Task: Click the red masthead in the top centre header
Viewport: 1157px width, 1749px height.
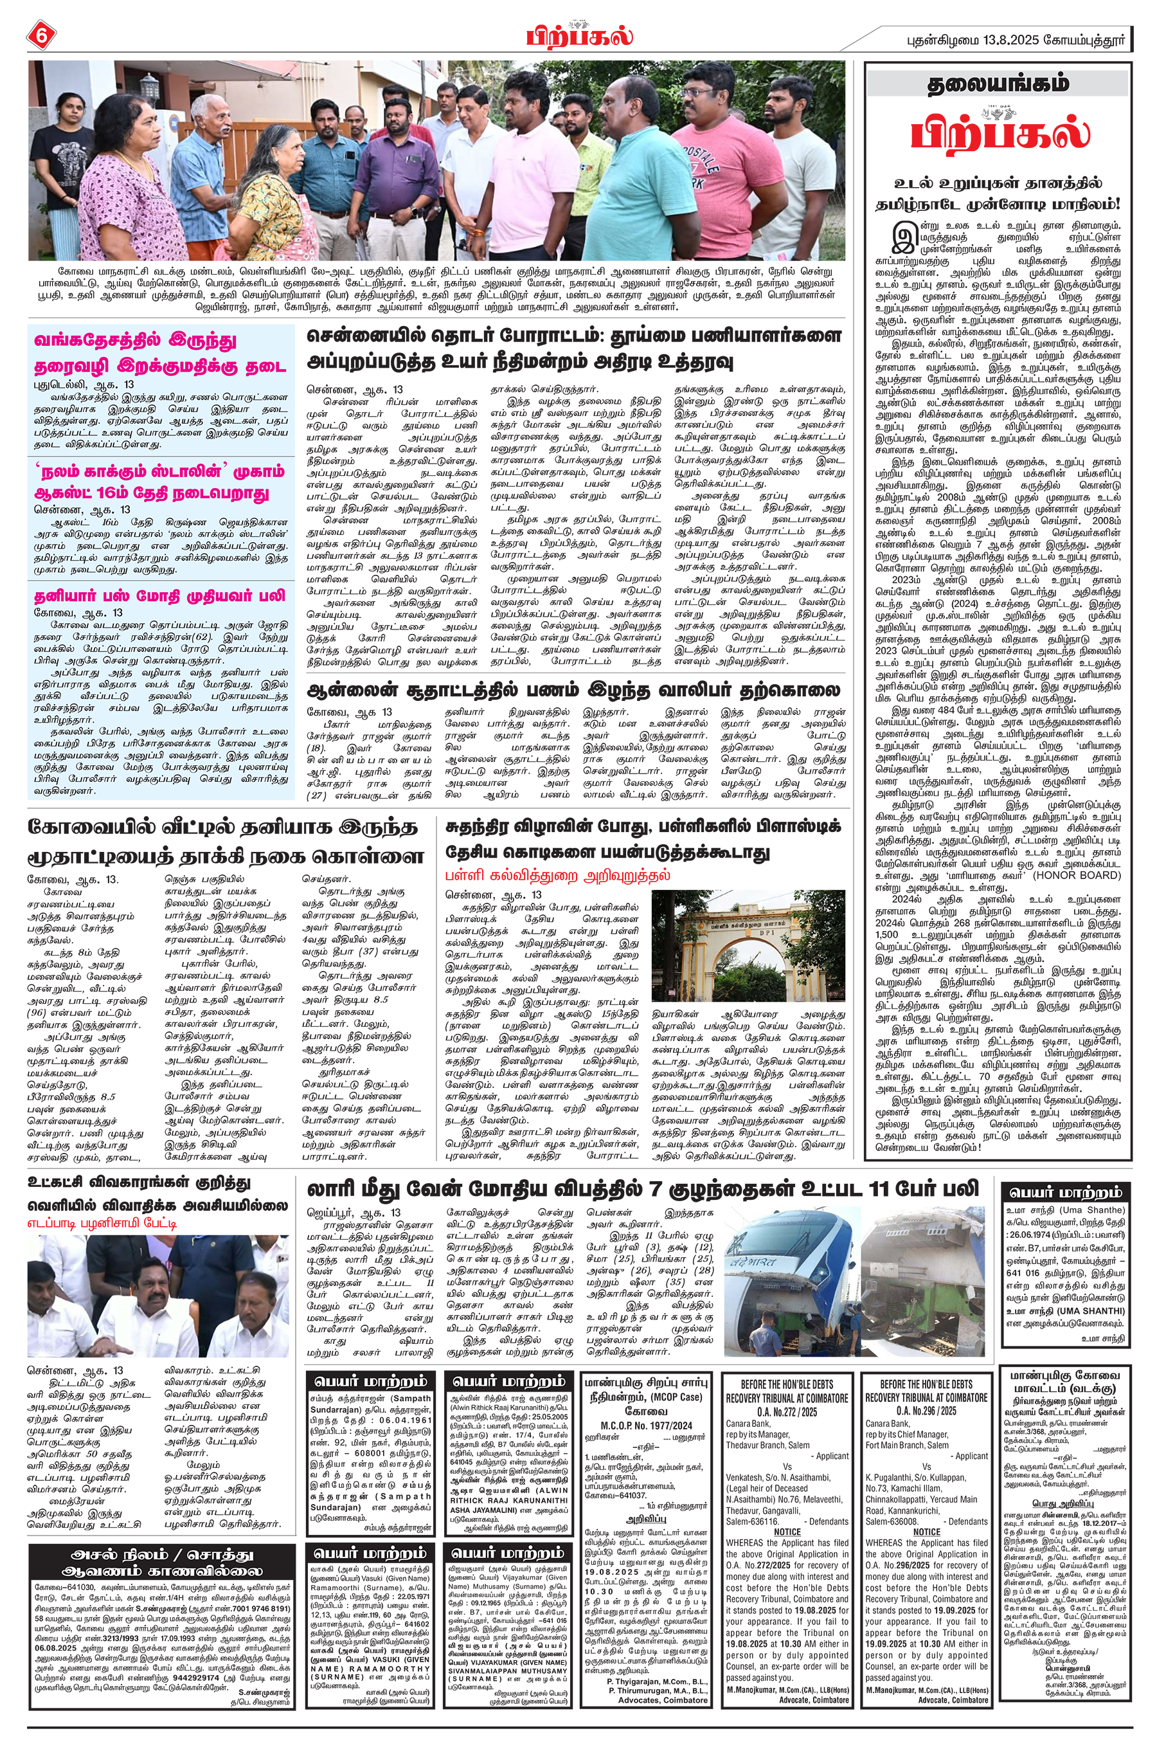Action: [x=580, y=35]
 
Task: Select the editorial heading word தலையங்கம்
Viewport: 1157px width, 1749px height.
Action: [x=998, y=84]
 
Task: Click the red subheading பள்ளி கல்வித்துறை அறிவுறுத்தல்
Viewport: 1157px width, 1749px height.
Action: [x=558, y=876]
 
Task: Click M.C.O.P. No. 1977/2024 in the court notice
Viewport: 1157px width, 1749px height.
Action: [x=645, y=1424]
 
